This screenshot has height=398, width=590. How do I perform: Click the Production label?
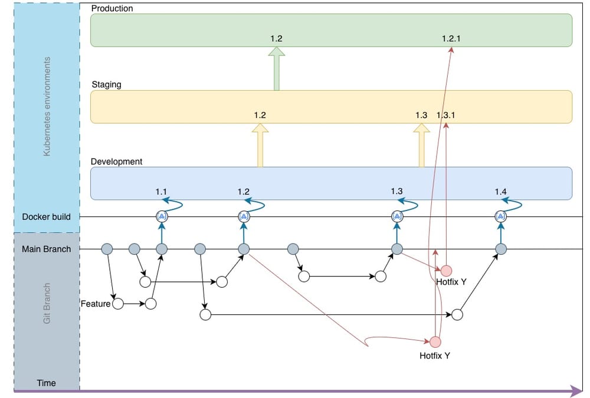tap(112, 8)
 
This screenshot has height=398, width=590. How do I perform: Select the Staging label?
tap(106, 84)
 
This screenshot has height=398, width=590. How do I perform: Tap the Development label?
tap(116, 161)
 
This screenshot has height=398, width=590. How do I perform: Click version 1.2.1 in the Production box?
tap(451, 38)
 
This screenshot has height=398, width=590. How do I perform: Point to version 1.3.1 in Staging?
tap(446, 115)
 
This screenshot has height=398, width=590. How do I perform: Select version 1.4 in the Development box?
tap(500, 192)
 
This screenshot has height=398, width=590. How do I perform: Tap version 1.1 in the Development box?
tap(162, 192)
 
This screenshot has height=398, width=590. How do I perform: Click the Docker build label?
tap(46, 216)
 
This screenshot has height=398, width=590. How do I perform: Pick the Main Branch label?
tap(46, 249)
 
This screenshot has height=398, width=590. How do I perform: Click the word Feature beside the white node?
tap(96, 304)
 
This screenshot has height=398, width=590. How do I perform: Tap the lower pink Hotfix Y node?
tap(435, 341)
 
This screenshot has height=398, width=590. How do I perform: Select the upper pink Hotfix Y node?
tap(446, 270)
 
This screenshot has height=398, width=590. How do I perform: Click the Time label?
tap(46, 383)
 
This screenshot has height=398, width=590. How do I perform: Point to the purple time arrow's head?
tap(576, 390)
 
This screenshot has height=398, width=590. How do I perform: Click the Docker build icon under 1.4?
tap(500, 216)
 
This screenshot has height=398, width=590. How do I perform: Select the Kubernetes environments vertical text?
tap(48, 106)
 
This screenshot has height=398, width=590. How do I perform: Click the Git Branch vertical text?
tap(48, 302)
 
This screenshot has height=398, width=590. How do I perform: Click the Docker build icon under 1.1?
tap(162, 216)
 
